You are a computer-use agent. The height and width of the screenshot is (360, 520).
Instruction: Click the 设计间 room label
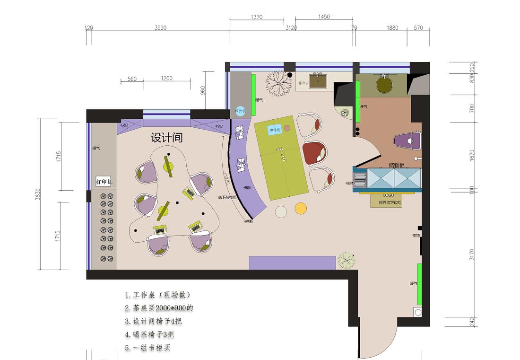coord(166,138)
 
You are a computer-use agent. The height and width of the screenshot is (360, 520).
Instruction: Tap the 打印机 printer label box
coord(104,182)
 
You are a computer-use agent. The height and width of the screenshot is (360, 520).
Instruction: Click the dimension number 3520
coord(160,28)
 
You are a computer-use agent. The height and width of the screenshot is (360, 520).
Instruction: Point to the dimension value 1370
coord(256,17)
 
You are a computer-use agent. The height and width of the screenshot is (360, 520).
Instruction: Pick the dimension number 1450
coord(324,17)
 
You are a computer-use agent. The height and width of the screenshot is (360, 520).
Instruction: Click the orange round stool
coord(301,208)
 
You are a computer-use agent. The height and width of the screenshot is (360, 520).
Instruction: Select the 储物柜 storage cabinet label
coord(396,165)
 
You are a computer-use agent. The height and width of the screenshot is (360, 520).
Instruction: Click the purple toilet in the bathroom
coord(407,140)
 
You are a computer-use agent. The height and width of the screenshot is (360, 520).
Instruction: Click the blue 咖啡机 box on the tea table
coord(275,129)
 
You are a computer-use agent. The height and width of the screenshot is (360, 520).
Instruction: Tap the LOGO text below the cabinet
coord(389,195)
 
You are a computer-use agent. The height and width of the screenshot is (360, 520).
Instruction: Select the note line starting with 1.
coord(158,295)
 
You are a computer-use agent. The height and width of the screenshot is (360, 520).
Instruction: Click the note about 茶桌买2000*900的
coord(159,308)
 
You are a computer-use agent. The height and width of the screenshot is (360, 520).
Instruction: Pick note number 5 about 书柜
coord(147,348)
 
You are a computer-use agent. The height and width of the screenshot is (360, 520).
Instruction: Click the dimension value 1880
coord(392,28)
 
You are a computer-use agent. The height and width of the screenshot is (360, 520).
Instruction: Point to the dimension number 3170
coord(471,255)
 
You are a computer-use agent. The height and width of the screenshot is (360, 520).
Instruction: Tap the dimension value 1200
coord(166,79)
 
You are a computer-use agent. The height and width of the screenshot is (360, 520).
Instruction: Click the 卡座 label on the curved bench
coord(247,188)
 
